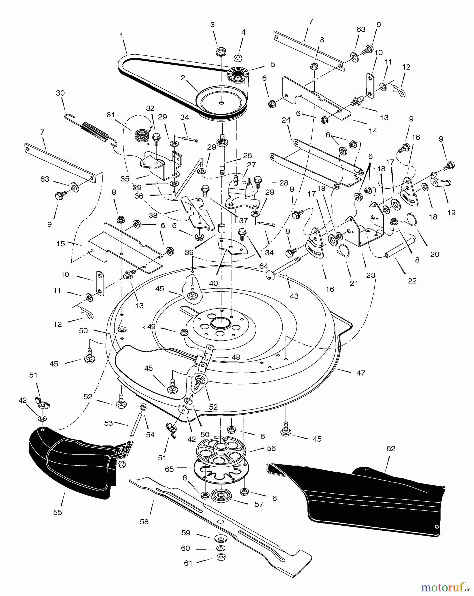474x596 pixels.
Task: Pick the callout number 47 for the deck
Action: [361, 373]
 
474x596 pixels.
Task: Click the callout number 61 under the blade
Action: [188, 563]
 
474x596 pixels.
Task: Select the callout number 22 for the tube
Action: [412, 281]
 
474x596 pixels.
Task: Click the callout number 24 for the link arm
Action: [286, 120]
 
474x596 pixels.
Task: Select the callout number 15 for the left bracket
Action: [61, 244]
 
